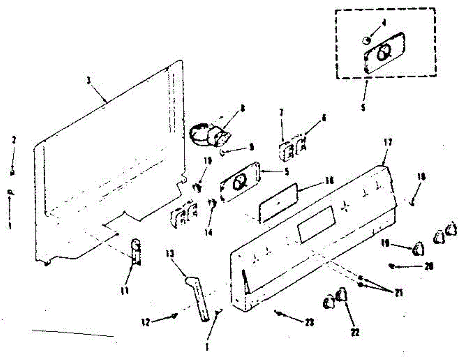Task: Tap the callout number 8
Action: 243,110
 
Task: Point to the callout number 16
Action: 329,181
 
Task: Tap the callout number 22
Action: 355,332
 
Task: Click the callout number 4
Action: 384,23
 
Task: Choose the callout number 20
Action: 429,267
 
